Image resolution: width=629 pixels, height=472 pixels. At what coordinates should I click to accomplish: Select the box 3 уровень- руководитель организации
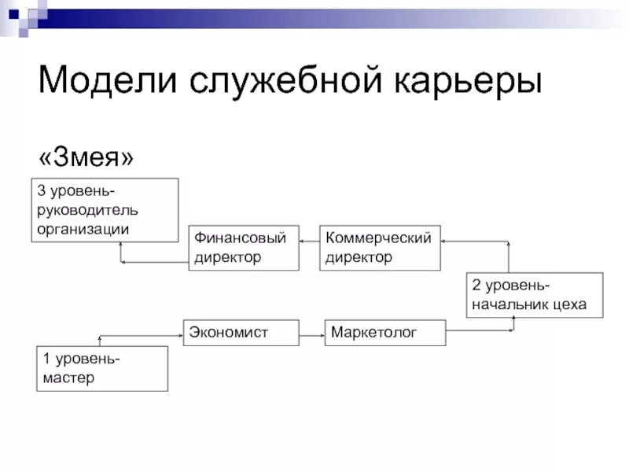tap(105, 209)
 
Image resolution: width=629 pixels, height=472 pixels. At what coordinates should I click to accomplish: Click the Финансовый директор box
tap(244, 248)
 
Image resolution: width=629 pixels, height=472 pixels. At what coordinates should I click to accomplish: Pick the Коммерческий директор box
tap(380, 248)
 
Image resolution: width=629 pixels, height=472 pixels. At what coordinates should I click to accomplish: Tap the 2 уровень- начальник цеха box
tap(534, 295)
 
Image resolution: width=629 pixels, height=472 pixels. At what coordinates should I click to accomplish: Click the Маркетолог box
tap(384, 332)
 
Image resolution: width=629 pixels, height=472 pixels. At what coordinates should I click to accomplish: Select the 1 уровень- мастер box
tap(102, 368)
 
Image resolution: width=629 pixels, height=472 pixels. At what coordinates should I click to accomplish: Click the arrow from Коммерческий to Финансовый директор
tap(309, 242)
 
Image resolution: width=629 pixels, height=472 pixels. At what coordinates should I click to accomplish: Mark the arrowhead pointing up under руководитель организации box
tap(120, 245)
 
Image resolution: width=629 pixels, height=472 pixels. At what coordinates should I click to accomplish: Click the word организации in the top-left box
tap(82, 229)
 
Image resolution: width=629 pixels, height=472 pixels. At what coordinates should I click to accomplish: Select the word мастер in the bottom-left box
tap(68, 378)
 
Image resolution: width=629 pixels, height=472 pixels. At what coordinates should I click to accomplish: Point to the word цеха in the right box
tap(569, 304)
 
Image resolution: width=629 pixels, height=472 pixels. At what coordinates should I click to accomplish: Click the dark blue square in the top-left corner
tap(13, 13)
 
